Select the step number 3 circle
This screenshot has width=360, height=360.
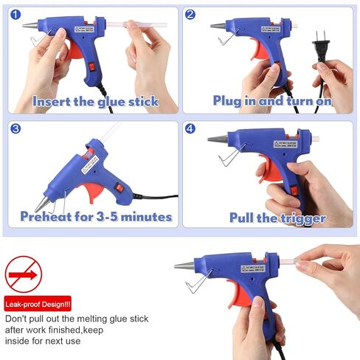click(x=15, y=128)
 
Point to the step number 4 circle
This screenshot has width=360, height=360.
click(x=190, y=128)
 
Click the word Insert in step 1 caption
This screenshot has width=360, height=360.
click(x=54, y=101)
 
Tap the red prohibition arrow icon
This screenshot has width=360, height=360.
click(x=24, y=274)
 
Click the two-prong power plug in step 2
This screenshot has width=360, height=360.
click(x=322, y=51)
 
